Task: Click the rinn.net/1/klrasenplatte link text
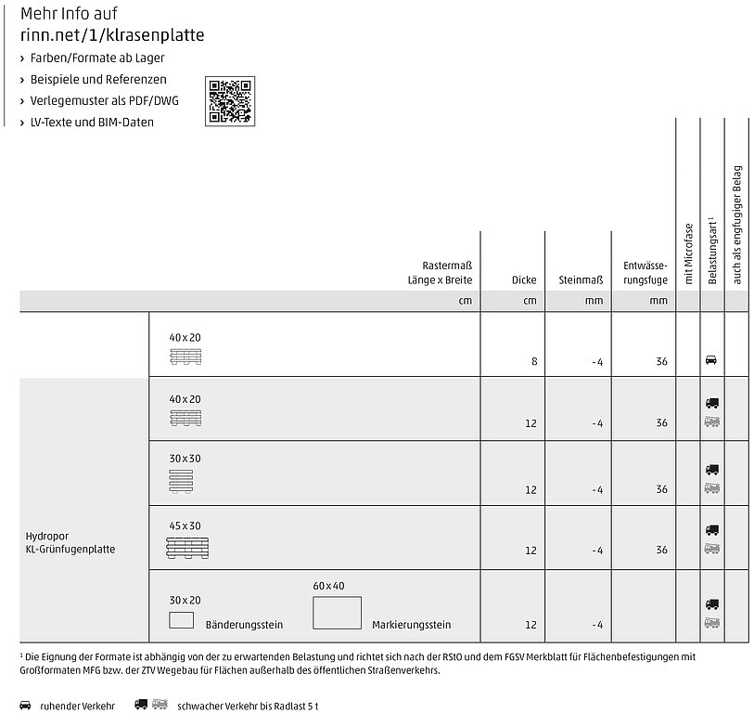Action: (x=112, y=35)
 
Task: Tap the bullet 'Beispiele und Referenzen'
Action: (x=98, y=79)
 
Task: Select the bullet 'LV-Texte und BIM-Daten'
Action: (x=92, y=122)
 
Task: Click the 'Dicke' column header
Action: (x=524, y=279)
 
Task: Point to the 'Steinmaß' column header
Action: (x=581, y=279)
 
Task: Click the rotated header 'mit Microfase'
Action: (x=688, y=253)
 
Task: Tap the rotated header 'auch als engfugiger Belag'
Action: (x=737, y=224)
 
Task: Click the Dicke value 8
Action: (x=534, y=360)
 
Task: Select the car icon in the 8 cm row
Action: (x=711, y=358)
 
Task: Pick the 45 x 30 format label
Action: (x=184, y=525)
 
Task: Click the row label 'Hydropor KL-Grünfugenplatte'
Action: (x=70, y=543)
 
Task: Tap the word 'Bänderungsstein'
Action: (x=244, y=625)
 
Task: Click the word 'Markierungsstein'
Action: (x=411, y=625)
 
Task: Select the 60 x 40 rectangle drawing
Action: (x=338, y=614)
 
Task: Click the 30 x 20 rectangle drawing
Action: (x=181, y=620)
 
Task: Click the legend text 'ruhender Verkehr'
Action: (x=77, y=707)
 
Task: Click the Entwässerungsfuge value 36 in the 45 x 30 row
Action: (x=661, y=551)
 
